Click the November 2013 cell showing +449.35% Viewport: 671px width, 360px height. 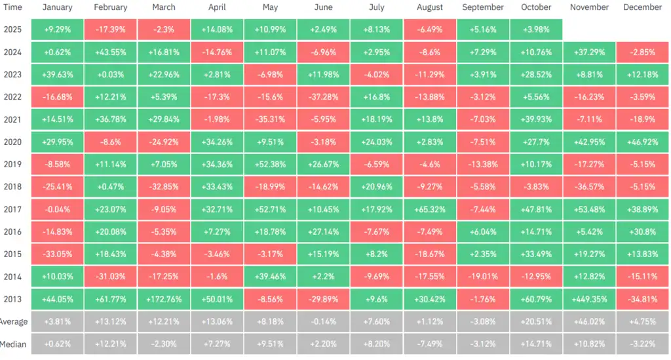pyautogui.click(x=589, y=299)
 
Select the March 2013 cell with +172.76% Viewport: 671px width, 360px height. pyautogui.click(x=164, y=299)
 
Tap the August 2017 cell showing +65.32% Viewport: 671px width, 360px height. pyautogui.click(x=430, y=209)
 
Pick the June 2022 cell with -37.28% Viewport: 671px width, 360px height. pyautogui.click(x=323, y=97)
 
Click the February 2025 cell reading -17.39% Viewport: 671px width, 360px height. pyautogui.click(x=111, y=30)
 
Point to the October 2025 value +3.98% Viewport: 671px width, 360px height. pyautogui.click(x=536, y=30)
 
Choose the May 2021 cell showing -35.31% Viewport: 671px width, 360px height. pyautogui.click(x=270, y=119)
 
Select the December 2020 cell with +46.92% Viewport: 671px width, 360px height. pyautogui.click(x=642, y=142)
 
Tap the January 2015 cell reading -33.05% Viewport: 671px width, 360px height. pyautogui.click(x=58, y=254)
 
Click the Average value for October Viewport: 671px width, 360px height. pyautogui.click(x=536, y=321)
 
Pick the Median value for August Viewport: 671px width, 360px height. pyautogui.click(x=430, y=344)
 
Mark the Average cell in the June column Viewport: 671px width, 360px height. pyautogui.click(x=323, y=321)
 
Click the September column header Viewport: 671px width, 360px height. pyautogui.click(x=483, y=7)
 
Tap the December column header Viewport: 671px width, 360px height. pyautogui.click(x=642, y=7)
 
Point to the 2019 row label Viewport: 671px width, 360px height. pyautogui.click(x=13, y=164)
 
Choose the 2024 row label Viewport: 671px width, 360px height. pyautogui.click(x=13, y=52)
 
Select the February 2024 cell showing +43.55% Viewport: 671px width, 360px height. pyautogui.click(x=111, y=52)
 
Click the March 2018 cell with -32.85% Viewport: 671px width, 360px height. pyautogui.click(x=164, y=187)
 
